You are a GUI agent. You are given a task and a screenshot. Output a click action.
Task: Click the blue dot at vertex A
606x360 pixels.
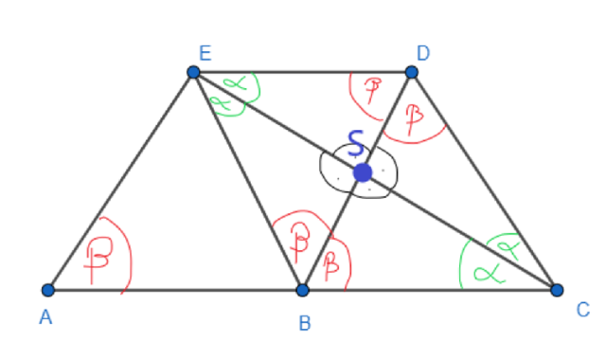coord(48,290)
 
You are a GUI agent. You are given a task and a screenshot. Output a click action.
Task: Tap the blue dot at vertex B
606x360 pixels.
coord(303,290)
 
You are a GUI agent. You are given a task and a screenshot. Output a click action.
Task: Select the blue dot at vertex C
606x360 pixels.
coord(557,290)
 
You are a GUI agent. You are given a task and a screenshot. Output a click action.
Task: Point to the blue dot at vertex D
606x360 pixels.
coord(412,72)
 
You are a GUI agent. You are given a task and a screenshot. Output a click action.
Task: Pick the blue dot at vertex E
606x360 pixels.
coord(193,72)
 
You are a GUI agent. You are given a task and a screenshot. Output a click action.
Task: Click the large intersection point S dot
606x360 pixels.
coord(363,172)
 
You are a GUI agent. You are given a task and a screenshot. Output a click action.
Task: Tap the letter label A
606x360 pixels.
coord(45,317)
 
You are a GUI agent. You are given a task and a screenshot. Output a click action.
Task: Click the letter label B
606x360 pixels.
coord(305,323)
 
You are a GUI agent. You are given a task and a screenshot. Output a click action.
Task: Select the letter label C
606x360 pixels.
coord(583,310)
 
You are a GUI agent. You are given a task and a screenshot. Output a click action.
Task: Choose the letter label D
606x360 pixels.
coord(423,53)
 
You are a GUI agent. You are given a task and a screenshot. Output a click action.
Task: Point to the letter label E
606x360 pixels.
coord(205,53)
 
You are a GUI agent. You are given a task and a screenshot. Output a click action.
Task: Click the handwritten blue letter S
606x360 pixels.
coord(356,143)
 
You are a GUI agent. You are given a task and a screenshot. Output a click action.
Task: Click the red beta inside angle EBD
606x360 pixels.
coord(300,242)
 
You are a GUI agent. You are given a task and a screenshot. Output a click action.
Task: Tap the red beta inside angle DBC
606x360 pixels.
coord(331,265)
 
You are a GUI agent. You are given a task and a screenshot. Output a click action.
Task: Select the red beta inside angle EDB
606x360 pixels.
coord(373,90)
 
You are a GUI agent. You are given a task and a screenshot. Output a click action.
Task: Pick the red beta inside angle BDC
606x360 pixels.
coord(415,118)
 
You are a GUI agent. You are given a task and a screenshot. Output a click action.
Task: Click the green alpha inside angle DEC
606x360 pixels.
coord(236,82)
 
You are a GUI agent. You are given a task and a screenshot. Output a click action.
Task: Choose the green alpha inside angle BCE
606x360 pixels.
coord(490,273)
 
